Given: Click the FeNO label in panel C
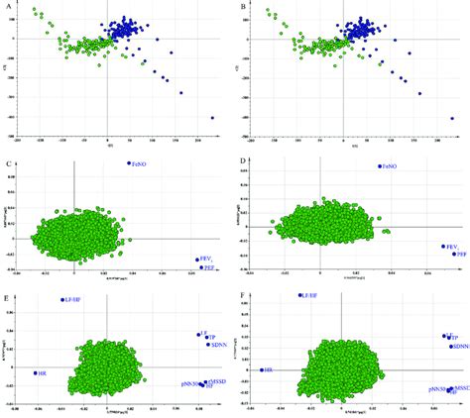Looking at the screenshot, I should tap(140, 164).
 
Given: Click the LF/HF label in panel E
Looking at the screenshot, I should tap(74, 299).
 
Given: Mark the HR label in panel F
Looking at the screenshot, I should tap(270, 370).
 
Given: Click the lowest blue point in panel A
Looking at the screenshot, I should tap(212, 118).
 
